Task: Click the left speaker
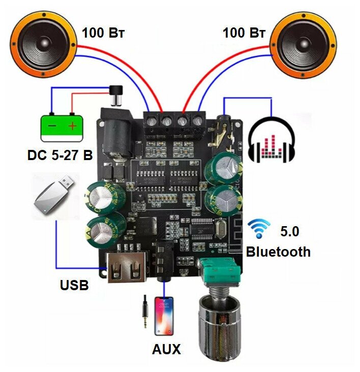click(x=45, y=45)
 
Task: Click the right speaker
click(x=304, y=45)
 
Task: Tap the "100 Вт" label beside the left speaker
click(x=103, y=34)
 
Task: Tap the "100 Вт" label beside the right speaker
click(x=244, y=34)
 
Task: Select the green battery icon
click(x=62, y=127)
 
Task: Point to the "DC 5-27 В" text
click(x=60, y=155)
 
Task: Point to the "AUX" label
click(x=166, y=350)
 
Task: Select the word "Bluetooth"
click(x=278, y=252)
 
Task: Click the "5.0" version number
click(x=290, y=232)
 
